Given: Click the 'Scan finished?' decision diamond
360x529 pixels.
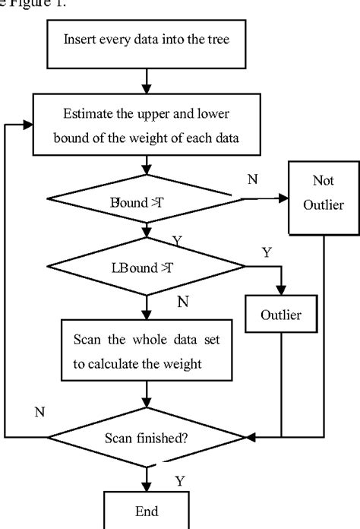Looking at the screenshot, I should point(147,438).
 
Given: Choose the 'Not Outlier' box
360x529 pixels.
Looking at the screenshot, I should point(320,195).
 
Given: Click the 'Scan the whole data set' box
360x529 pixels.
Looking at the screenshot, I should point(147,351).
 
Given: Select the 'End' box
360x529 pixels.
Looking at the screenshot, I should point(145,512).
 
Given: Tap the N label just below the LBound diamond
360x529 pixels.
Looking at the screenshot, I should point(182,301).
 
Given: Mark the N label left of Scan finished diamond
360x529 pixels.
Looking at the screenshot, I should point(39,410).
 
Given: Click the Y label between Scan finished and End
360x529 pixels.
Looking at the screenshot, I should point(180,480).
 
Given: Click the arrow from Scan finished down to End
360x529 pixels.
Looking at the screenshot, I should point(145,477).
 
